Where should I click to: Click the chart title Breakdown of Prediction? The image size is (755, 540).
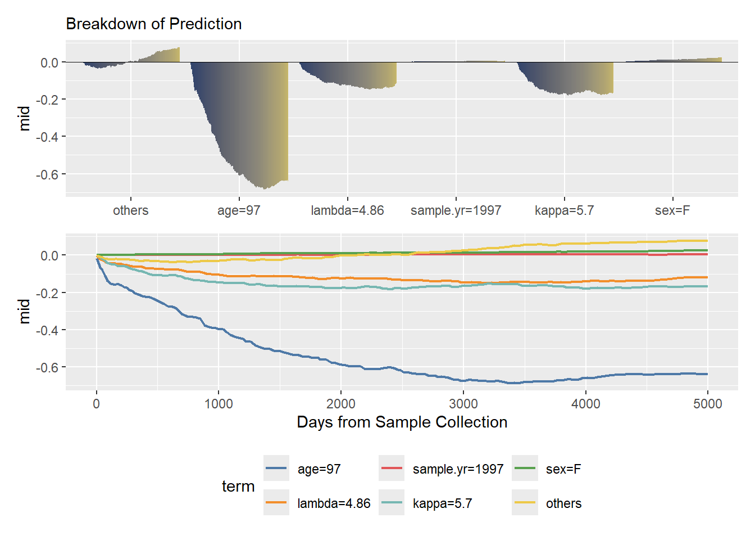[x=153, y=24]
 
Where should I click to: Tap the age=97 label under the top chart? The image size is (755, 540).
[x=239, y=210]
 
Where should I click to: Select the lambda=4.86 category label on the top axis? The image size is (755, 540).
[x=347, y=210]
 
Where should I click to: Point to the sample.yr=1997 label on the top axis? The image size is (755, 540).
[x=456, y=210]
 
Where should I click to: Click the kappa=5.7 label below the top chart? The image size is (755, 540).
[x=564, y=210]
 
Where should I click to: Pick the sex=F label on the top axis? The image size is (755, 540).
[x=672, y=210]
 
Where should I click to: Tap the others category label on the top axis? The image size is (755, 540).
[x=131, y=210]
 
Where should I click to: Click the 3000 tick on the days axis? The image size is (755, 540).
[x=463, y=403]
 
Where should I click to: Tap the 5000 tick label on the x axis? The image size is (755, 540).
[x=708, y=403]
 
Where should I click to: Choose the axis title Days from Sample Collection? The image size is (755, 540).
[x=402, y=422]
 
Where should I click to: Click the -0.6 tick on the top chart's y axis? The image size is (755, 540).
[x=47, y=174]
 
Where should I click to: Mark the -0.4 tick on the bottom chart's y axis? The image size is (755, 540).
[x=47, y=330]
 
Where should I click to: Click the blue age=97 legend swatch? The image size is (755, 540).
[x=276, y=469]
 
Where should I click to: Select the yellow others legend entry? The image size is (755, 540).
[x=563, y=503]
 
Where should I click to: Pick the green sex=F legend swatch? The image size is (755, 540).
[x=525, y=469]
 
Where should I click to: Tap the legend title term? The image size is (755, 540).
[x=238, y=486]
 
